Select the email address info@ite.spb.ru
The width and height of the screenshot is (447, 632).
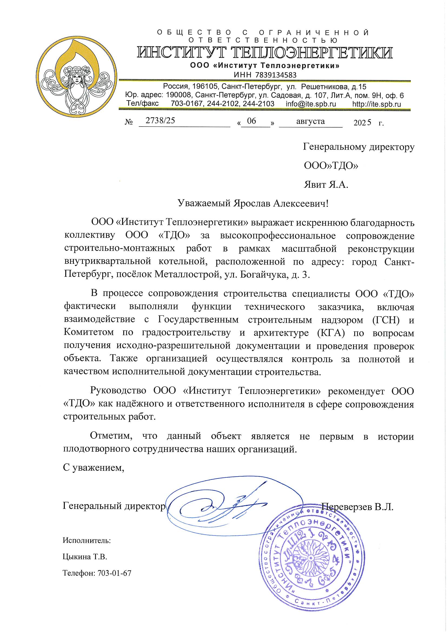(311, 104)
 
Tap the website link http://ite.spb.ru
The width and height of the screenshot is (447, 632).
(376, 104)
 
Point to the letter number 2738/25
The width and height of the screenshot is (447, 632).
(160, 121)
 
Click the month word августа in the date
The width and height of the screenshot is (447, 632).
(310, 121)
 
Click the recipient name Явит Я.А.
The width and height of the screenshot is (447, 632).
(326, 184)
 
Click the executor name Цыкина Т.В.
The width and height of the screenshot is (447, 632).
(85, 557)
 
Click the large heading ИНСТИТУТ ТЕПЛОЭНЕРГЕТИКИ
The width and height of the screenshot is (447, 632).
(264, 53)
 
